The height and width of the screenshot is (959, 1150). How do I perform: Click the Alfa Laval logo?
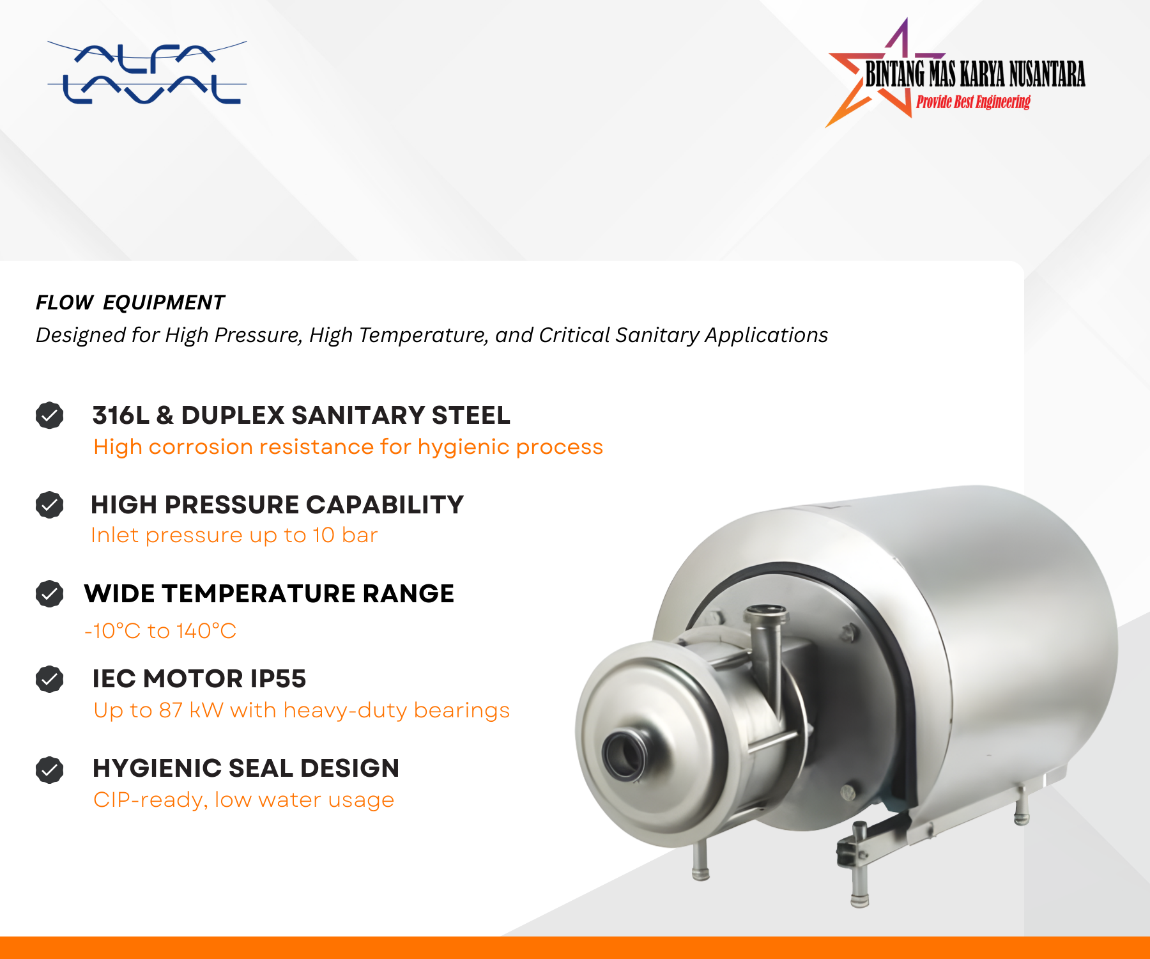(x=147, y=73)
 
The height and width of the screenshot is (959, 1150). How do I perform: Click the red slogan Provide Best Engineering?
(x=973, y=102)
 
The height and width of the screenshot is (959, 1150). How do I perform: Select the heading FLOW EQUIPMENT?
(x=130, y=302)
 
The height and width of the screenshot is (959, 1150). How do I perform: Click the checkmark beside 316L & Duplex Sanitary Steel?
(x=49, y=416)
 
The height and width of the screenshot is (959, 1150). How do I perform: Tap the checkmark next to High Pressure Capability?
(x=49, y=504)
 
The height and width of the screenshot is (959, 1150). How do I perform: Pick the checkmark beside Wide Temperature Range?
(x=49, y=593)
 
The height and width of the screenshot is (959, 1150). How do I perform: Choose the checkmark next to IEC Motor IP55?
(x=49, y=679)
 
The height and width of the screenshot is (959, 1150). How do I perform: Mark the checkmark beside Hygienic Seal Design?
(x=49, y=770)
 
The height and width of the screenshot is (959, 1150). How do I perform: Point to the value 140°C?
(x=206, y=631)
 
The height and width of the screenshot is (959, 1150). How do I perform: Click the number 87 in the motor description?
(x=171, y=710)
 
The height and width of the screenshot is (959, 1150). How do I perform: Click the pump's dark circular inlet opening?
(x=623, y=754)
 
